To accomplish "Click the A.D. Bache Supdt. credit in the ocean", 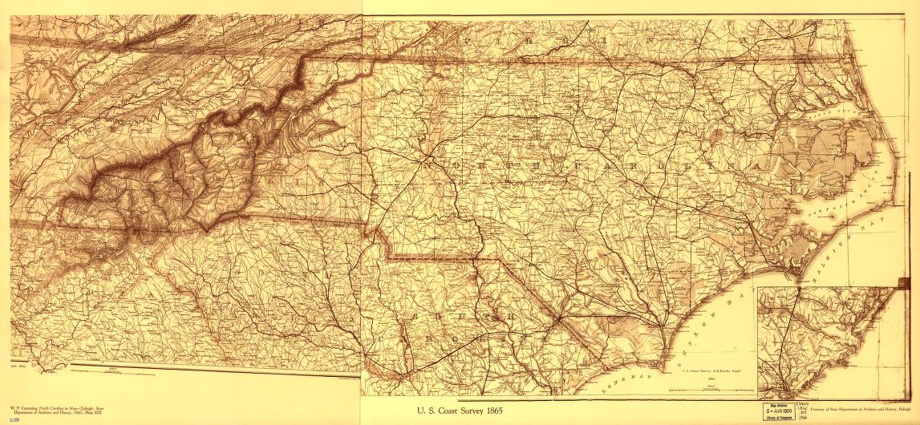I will tap(709, 370).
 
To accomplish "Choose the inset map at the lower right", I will tap(826, 341).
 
